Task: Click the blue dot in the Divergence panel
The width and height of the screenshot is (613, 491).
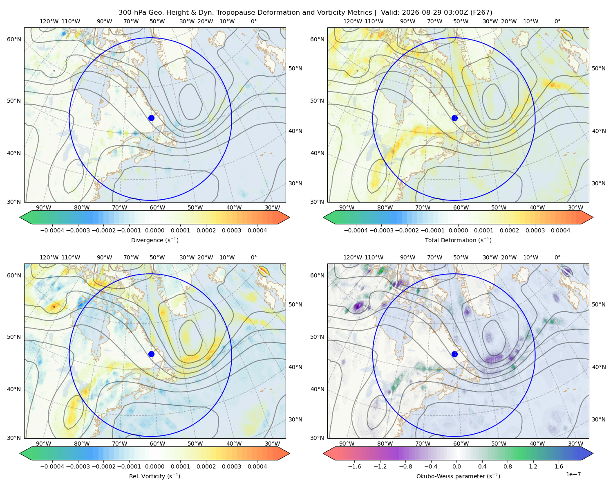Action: (x=151, y=118)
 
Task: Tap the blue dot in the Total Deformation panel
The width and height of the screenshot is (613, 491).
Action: (x=454, y=118)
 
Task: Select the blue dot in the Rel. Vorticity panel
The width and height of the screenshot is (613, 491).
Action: (x=151, y=354)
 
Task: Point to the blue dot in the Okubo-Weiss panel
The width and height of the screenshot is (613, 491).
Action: (x=454, y=354)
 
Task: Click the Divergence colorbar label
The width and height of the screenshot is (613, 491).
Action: (x=154, y=240)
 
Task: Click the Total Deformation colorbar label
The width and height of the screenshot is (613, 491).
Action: (x=458, y=240)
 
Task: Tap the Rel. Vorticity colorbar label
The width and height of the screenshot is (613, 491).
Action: (x=154, y=476)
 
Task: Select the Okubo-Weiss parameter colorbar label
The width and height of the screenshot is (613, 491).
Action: (x=458, y=476)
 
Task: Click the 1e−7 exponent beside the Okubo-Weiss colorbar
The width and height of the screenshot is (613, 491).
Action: (x=573, y=474)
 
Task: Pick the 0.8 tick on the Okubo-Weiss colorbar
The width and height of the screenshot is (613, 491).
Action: (x=508, y=466)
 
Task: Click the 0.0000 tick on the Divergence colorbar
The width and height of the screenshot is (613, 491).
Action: (x=154, y=230)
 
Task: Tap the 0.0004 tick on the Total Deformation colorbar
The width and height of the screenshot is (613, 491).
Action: (x=560, y=230)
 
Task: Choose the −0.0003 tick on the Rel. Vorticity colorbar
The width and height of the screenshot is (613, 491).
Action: (x=78, y=466)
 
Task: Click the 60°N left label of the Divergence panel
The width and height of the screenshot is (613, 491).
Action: (x=14, y=39)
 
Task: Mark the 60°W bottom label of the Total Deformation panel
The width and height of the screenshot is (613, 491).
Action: (x=461, y=207)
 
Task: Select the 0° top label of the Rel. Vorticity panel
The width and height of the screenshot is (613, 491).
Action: (x=254, y=257)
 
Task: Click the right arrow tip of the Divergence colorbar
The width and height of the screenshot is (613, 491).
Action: (x=289, y=217)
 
